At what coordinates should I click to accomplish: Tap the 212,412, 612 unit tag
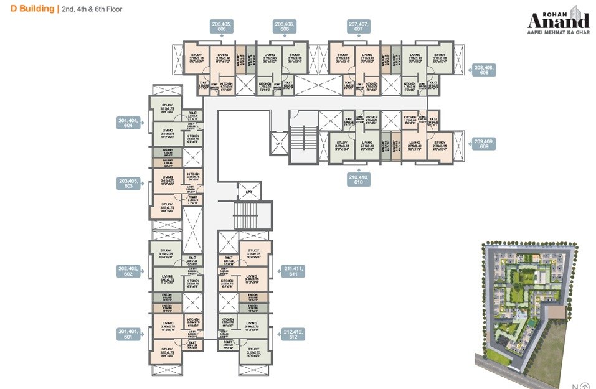pos(293,334)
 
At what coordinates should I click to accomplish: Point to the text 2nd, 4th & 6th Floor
pos(91,10)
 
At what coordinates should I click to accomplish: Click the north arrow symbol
pos(585,384)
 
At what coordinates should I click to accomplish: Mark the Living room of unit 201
pos(168,325)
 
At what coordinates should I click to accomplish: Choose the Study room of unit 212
pos(254,353)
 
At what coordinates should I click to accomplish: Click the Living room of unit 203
pos(167,180)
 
